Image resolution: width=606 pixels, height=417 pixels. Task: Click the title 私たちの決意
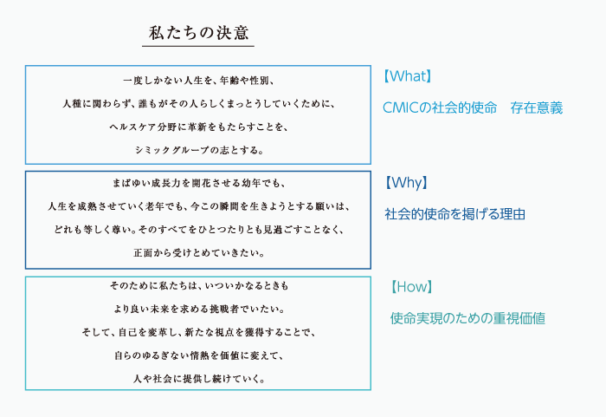(x=198, y=33)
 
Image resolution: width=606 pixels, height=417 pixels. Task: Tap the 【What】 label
(x=407, y=76)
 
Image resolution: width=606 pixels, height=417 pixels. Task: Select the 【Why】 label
(x=407, y=182)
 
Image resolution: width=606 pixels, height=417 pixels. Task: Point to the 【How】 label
(x=411, y=287)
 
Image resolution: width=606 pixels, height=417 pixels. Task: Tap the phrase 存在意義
(x=537, y=108)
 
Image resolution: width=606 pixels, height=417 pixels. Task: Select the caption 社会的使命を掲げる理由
(x=455, y=214)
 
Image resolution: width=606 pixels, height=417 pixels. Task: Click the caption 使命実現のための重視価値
(x=467, y=318)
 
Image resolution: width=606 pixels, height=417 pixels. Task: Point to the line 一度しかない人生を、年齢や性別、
(x=198, y=81)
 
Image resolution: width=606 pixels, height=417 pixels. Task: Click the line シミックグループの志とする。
(x=199, y=150)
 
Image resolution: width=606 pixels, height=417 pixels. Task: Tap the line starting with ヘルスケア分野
(x=198, y=127)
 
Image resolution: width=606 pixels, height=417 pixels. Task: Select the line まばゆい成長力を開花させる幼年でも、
(x=198, y=183)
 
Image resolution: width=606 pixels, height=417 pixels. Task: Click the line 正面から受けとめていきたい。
(x=199, y=253)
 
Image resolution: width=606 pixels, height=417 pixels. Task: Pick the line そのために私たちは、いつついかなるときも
(x=199, y=286)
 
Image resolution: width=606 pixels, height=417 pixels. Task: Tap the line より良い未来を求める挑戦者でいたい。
(x=199, y=309)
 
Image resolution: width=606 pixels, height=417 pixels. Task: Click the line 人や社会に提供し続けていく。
(x=199, y=379)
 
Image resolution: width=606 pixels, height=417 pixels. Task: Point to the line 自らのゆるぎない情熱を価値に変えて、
(x=199, y=355)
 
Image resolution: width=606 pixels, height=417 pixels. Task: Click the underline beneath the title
(x=198, y=46)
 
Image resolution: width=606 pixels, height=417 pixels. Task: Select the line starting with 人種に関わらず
(x=198, y=104)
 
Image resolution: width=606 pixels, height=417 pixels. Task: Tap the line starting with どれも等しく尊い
(x=198, y=230)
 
